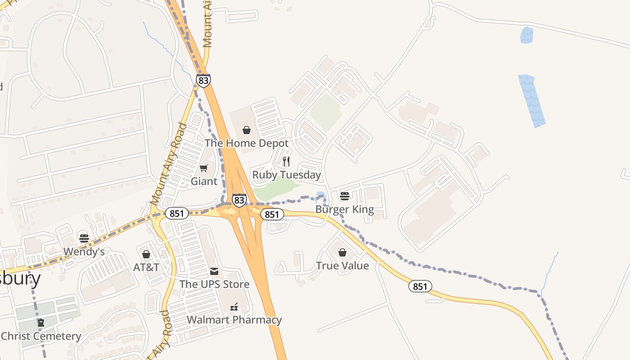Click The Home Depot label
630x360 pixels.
click(x=247, y=143)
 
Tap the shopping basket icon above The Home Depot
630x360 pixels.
click(x=247, y=130)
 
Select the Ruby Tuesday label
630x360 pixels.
click(x=287, y=175)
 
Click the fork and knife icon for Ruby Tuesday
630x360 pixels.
click(x=286, y=162)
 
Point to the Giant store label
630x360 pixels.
click(x=204, y=181)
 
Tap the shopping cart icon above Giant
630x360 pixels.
click(x=204, y=168)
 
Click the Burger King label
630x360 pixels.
click(x=345, y=209)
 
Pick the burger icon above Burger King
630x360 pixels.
click(x=345, y=196)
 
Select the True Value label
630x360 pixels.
click(x=342, y=265)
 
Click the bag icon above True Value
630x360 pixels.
click(x=342, y=252)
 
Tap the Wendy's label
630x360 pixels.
click(x=84, y=252)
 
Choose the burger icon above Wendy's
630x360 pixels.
click(x=84, y=238)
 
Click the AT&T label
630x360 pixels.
click(x=146, y=267)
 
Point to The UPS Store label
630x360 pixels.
click(x=214, y=284)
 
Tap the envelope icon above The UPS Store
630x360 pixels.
click(x=214, y=271)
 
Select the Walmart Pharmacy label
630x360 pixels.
click(x=234, y=320)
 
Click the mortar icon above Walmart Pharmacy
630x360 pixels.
click(x=234, y=307)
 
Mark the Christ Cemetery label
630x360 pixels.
click(x=41, y=336)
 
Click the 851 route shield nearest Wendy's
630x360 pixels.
click(x=176, y=213)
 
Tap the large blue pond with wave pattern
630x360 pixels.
click(x=531, y=101)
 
